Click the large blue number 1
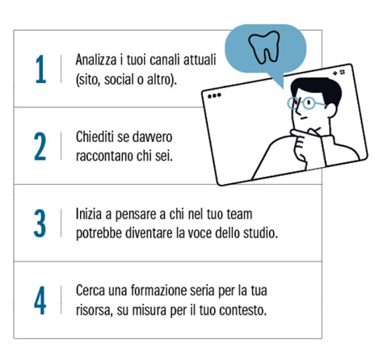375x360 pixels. coord(41,69)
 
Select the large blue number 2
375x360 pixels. coord(40,146)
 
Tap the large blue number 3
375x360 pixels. coord(40,224)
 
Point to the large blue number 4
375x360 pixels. coord(40,300)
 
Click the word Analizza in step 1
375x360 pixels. coord(96,60)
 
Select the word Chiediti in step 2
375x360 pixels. coord(95,136)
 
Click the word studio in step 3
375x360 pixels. coord(260,232)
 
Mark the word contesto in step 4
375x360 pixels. coord(242,311)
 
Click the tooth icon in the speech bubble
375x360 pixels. coord(264,47)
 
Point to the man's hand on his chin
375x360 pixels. coord(300,145)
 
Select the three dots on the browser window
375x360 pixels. coord(214,95)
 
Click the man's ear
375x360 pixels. coord(331,110)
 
